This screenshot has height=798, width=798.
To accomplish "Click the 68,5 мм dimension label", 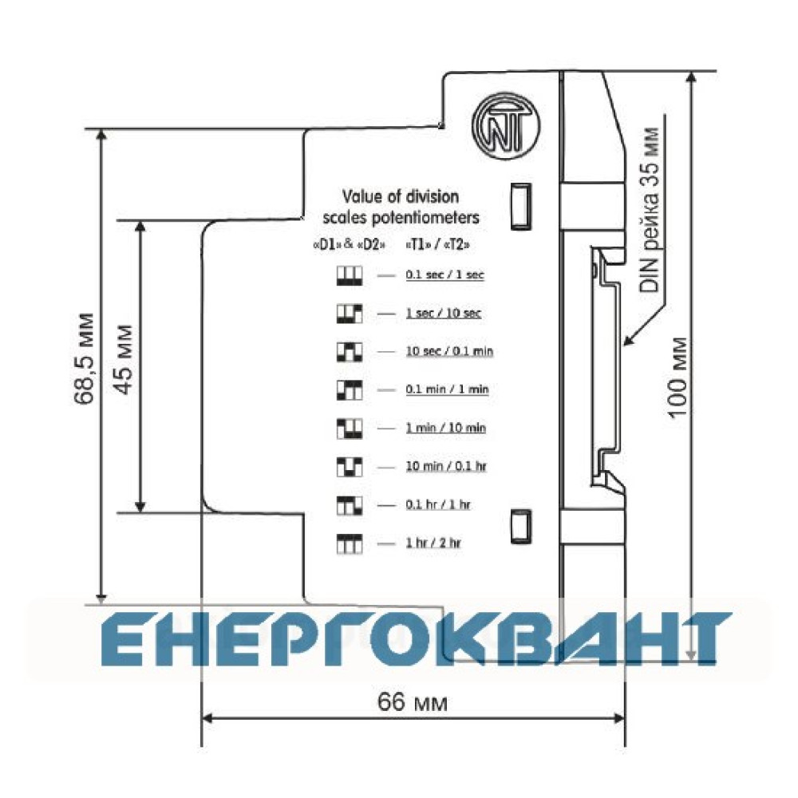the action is (84, 359).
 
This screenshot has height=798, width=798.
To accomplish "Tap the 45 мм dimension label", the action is (123, 359).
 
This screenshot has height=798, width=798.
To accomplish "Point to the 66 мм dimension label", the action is (413, 702).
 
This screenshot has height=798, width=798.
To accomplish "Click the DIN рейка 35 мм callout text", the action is (650, 211).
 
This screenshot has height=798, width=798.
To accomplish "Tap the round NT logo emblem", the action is (505, 127).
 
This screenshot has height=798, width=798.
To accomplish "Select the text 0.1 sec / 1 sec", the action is (444, 275).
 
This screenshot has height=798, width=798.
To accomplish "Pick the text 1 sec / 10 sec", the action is (443, 313).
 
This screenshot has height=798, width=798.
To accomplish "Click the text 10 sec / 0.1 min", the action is (449, 351).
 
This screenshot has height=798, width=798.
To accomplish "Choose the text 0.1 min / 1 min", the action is (447, 389).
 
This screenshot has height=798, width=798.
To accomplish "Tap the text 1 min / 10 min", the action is (446, 428).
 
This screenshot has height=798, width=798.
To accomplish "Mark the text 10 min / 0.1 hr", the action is (446, 466).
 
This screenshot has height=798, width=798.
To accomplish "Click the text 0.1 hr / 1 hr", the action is (438, 504).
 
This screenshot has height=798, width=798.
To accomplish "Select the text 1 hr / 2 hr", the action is (433, 543).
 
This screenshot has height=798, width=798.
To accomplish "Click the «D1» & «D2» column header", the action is (350, 245).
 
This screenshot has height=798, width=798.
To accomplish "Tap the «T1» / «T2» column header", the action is (437, 245).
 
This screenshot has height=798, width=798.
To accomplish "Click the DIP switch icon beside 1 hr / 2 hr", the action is (350, 543).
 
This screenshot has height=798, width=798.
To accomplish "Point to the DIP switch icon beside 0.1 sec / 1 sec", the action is (350, 275).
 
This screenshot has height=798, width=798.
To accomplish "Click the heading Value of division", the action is (401, 196).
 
